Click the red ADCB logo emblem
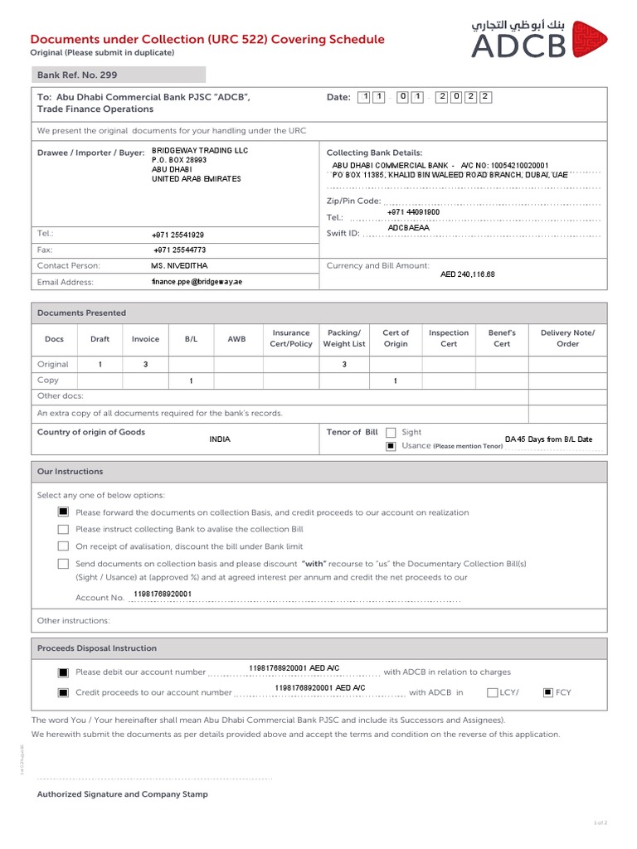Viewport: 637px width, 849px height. click(589, 40)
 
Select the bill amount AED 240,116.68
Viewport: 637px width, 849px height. click(467, 274)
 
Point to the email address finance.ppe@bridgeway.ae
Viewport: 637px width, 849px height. click(197, 282)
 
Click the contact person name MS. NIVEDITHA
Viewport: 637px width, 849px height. click(179, 265)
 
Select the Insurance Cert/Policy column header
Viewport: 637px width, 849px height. click(291, 338)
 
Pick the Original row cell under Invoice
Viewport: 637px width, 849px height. click(145, 364)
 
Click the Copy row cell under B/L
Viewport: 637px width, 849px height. click(191, 381)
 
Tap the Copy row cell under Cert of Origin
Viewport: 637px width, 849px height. click(396, 381)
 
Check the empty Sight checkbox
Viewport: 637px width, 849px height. click(391, 433)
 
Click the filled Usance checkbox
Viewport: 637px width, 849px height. click(391, 446)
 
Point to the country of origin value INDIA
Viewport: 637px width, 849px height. click(220, 439)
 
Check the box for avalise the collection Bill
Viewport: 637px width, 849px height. click(63, 529)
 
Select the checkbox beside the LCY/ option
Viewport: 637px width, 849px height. click(493, 692)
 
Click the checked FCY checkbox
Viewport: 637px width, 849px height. click(547, 692)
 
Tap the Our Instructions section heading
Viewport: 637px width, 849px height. click(71, 472)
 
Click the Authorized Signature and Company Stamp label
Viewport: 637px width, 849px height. click(123, 794)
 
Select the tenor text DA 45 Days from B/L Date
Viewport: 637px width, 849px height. click(548, 439)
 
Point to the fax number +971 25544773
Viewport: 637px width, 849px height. click(179, 250)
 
